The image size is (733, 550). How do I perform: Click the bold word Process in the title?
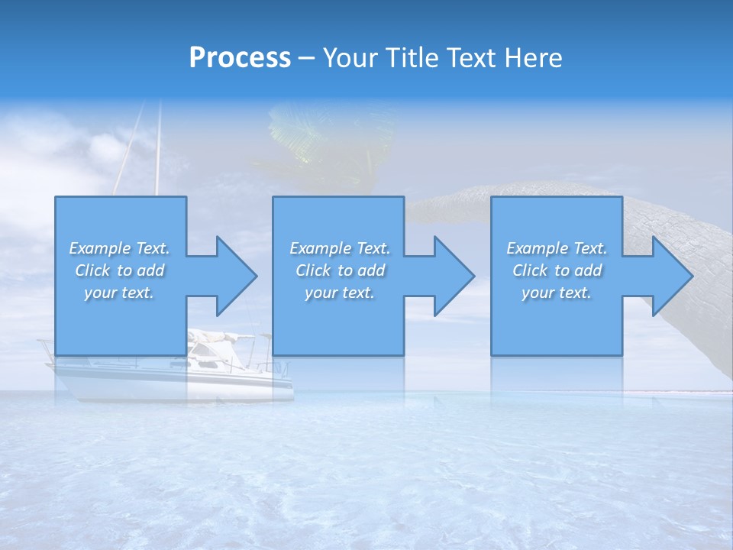pos(240,58)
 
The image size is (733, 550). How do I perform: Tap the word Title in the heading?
pos(409,58)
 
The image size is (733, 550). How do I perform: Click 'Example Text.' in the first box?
pos(120,248)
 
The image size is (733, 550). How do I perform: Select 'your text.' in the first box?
pos(120,293)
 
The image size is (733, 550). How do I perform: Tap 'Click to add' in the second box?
pos(340,270)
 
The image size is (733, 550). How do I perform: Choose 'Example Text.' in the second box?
pos(340,248)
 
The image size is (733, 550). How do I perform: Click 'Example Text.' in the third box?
pos(557,248)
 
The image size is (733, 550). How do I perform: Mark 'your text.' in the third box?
pos(557,293)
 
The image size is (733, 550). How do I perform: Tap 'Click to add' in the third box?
pos(557,270)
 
